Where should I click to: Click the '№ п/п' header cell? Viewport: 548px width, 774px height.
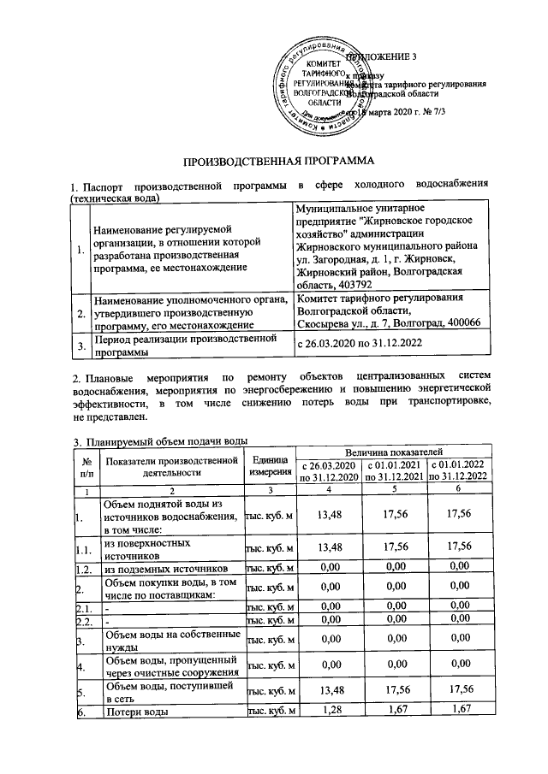(86, 467)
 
